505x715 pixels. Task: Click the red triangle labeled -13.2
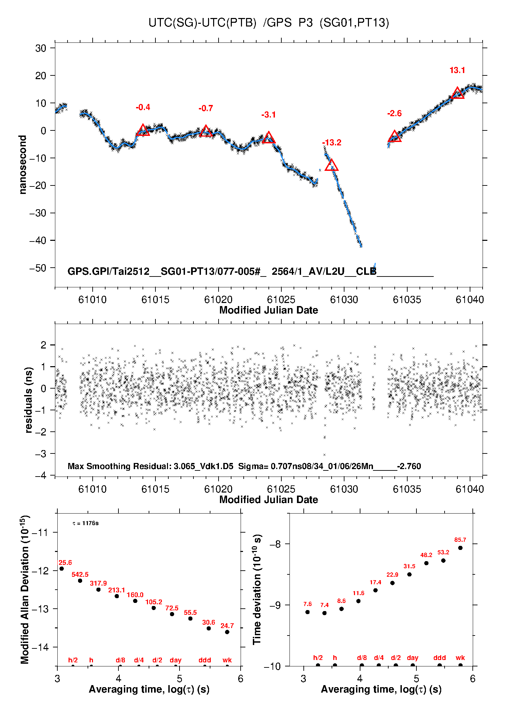331,165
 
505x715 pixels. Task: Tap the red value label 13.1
457,70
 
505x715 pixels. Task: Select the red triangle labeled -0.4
143,130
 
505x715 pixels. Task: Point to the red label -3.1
268,115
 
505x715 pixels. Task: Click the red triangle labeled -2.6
394,137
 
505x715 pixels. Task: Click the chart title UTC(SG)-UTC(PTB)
202,23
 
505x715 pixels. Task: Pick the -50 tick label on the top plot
38,268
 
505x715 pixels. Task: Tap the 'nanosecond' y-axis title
23,165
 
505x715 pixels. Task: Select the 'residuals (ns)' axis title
29,400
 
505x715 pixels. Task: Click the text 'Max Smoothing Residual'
119,466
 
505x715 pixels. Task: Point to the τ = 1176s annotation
86,523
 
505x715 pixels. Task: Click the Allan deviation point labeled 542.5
80,580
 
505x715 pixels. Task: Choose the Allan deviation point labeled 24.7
227,632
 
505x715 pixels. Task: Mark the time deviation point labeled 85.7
460,548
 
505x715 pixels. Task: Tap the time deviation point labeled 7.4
324,613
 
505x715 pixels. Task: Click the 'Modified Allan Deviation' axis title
25,590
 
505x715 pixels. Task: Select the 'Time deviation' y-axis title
257,589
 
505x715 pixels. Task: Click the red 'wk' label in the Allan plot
227,660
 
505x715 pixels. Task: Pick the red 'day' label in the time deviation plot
412,658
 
